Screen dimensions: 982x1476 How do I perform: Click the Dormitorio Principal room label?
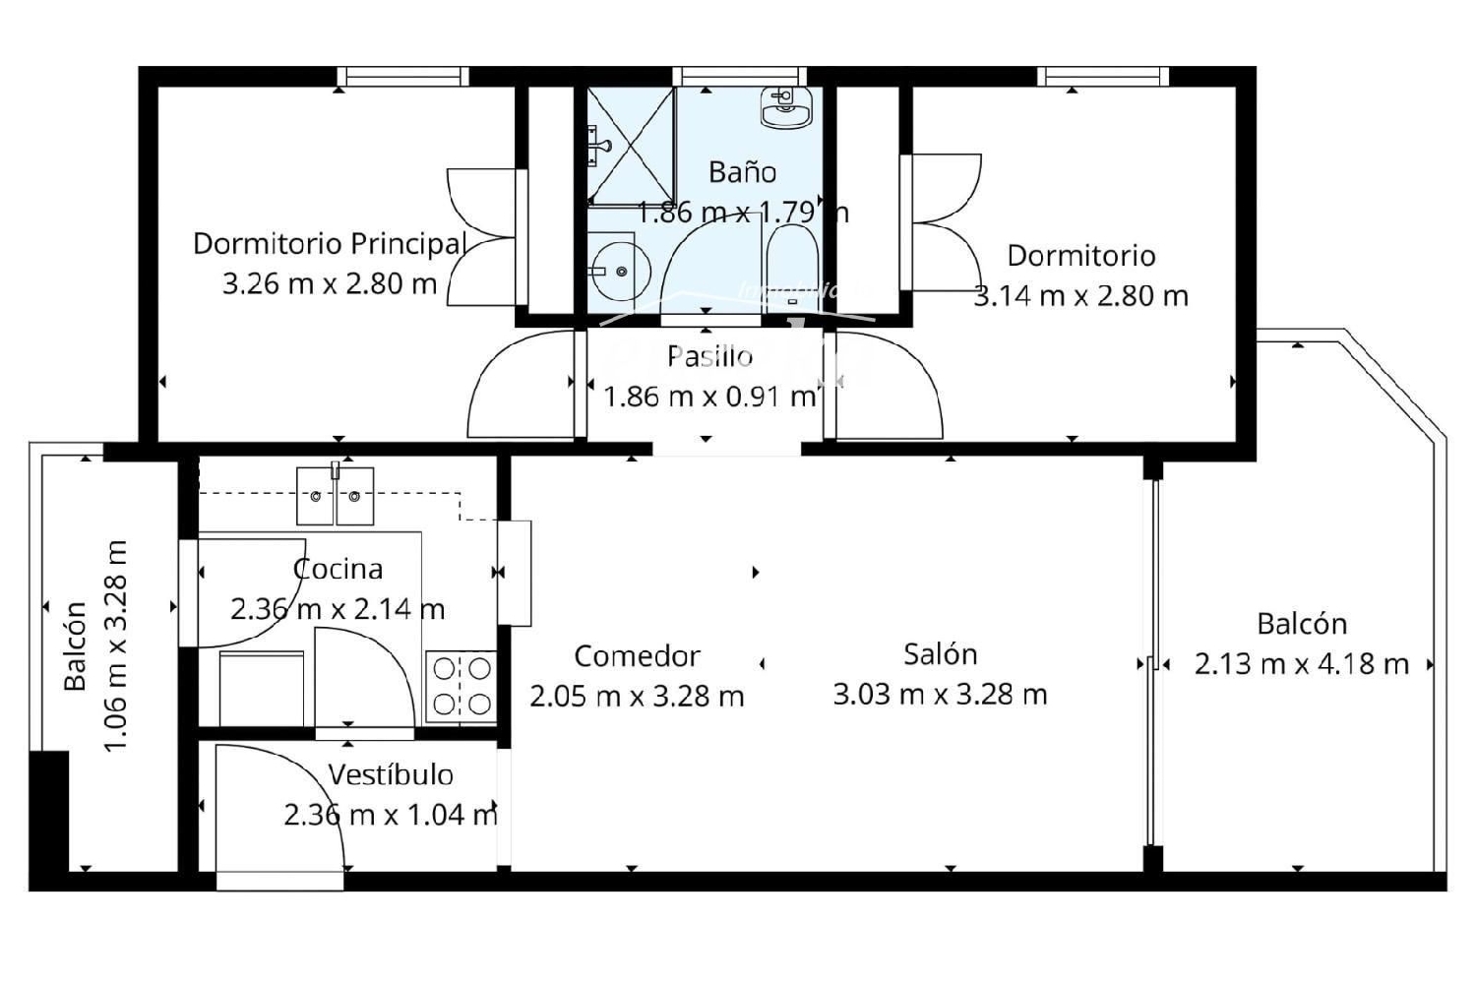pyautogui.click(x=329, y=243)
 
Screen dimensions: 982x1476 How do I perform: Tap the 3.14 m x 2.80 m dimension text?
pyautogui.click(x=1080, y=296)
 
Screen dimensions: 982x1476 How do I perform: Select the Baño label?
pyautogui.click(x=742, y=172)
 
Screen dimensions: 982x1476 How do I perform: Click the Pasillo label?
pyautogui.click(x=709, y=356)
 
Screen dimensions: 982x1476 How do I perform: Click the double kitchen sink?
pyautogui.click(x=335, y=496)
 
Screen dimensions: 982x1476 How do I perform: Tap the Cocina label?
pyautogui.click(x=338, y=569)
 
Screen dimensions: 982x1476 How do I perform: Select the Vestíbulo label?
pyautogui.click(x=391, y=775)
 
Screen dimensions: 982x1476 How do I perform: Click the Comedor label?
pyautogui.click(x=637, y=656)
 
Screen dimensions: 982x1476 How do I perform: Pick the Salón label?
pyautogui.click(x=940, y=654)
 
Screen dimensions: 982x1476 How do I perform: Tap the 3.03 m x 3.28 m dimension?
pyautogui.click(x=940, y=695)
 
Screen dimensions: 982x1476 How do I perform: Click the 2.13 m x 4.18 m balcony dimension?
pyautogui.click(x=1301, y=664)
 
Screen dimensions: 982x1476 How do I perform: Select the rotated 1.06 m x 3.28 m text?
pyautogui.click(x=116, y=645)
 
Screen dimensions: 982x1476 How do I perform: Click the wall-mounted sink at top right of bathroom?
pyautogui.click(x=786, y=105)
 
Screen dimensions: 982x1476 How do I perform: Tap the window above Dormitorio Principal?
pyautogui.click(x=402, y=77)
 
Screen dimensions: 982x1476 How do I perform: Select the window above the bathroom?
pyautogui.click(x=740, y=77)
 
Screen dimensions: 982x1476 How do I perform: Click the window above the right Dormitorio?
pyautogui.click(x=1103, y=77)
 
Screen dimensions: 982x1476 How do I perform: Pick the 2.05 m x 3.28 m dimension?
pyautogui.click(x=637, y=697)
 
